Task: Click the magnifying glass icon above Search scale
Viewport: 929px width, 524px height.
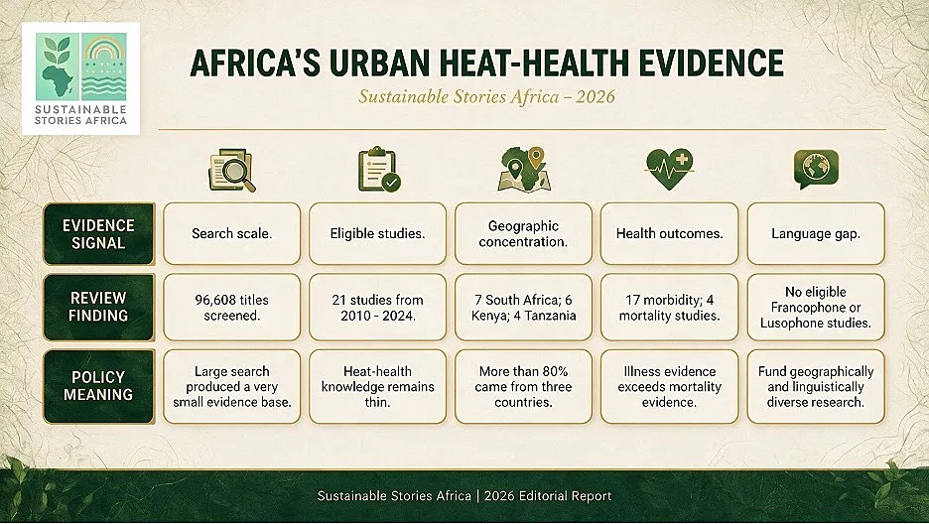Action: pos(231,171)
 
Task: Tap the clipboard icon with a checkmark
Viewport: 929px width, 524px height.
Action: pos(379,171)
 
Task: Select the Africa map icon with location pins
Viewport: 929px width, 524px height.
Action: pos(524,170)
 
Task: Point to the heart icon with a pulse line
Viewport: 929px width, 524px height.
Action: pos(670,169)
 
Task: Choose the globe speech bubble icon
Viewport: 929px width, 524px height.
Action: pos(816,170)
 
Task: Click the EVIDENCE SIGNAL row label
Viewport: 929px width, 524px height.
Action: pos(98,234)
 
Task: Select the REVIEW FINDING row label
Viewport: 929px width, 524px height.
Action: pos(98,307)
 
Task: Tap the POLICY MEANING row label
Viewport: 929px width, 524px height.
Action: pos(98,386)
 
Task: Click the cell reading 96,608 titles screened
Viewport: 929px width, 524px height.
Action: pos(231,308)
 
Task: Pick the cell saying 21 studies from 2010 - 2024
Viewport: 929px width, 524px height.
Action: pos(377,308)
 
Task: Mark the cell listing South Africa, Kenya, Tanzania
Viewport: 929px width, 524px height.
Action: pos(523,308)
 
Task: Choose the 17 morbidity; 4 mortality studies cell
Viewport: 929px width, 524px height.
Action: pos(670,308)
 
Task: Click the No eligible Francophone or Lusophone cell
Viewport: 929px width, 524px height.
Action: pos(816,308)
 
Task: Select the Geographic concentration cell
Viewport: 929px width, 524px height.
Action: pos(523,234)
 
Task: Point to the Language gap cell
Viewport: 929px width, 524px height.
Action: pos(816,234)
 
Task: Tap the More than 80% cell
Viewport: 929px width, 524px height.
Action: pos(523,387)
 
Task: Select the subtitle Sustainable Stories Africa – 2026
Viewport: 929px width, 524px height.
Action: pos(486,96)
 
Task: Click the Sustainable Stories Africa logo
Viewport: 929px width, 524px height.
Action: pos(80,78)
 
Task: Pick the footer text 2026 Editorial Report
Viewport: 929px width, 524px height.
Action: pos(548,495)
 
